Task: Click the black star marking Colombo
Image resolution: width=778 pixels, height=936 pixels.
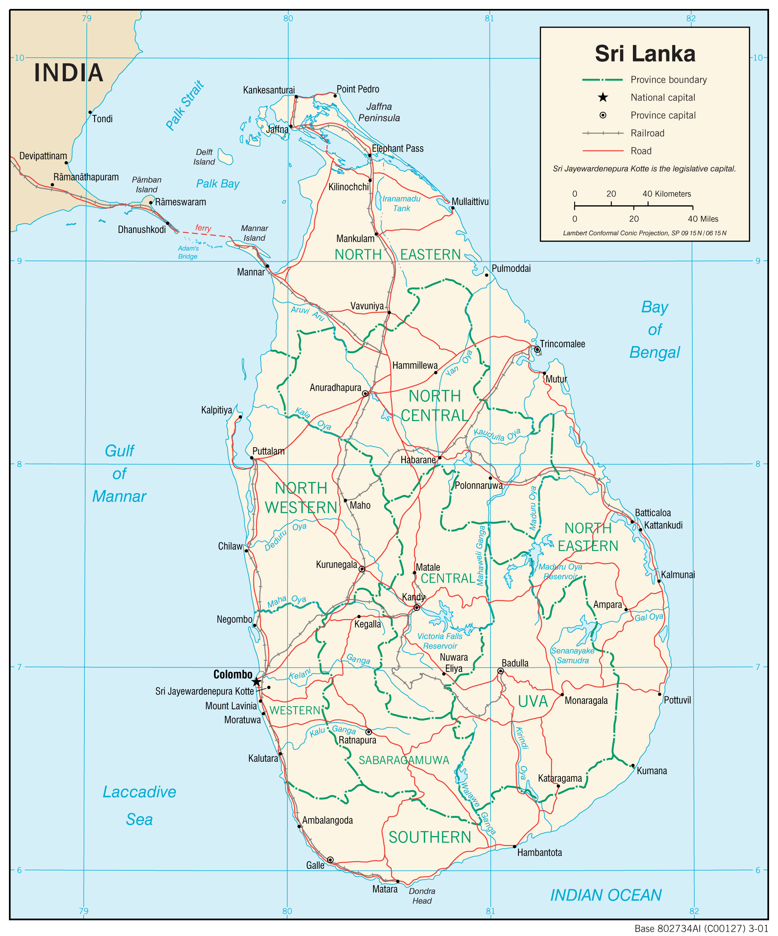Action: tap(256, 682)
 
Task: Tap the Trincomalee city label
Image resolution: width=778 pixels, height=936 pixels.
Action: tap(562, 344)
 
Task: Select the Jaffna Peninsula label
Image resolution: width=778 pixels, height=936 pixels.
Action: tap(379, 112)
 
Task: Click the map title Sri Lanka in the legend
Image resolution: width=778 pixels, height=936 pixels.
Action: tap(645, 54)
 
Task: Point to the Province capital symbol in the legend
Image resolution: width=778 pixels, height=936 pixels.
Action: tap(603, 115)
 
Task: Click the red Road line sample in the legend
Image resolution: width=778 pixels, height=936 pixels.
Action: tap(603, 151)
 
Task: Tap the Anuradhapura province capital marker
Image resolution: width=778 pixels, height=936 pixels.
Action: tap(365, 394)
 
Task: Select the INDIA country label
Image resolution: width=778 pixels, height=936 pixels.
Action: tap(69, 73)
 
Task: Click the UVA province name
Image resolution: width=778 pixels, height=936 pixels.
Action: tap(533, 702)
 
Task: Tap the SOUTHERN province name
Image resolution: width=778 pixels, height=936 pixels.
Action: tap(430, 838)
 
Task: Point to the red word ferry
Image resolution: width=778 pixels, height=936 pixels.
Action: tap(203, 228)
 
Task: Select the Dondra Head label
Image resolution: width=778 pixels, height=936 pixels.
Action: tap(422, 896)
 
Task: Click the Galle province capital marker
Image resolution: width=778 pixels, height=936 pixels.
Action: tap(330, 860)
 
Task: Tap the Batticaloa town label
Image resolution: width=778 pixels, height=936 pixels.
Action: tap(653, 513)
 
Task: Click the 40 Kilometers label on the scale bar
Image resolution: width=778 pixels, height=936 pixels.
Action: tap(666, 194)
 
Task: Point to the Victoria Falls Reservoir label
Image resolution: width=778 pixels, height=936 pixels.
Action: tap(440, 641)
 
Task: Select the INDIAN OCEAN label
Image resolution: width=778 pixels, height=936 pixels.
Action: tap(605, 895)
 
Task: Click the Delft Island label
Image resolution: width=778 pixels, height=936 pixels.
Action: tap(204, 157)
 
